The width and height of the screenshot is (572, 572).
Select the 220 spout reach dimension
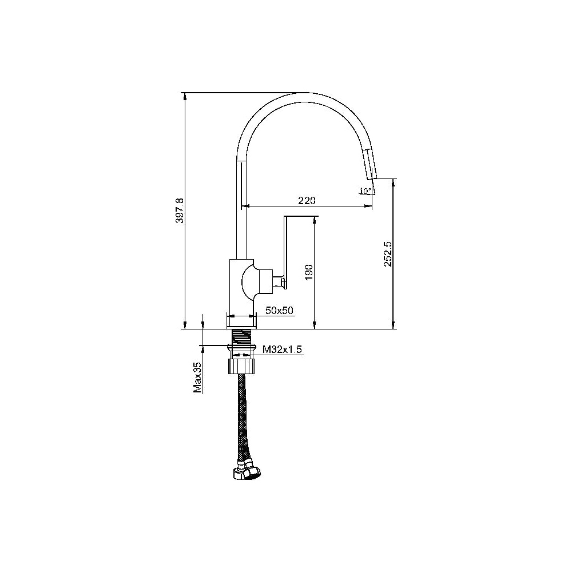coord(307,200)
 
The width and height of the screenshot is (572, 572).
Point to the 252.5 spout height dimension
coord(387,254)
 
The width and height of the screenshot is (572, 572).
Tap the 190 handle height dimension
coord(309,272)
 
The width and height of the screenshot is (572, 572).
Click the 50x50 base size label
coord(280,311)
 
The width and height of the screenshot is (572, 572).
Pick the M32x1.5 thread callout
coord(283,349)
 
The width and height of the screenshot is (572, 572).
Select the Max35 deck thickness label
coord(197,377)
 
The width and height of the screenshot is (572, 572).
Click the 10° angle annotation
coord(365,190)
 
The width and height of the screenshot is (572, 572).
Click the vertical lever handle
coord(286,252)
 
